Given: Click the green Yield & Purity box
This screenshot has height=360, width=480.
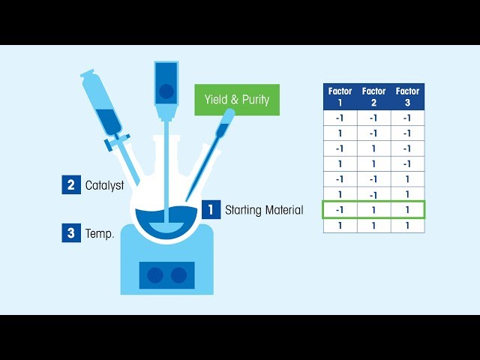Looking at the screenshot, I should tap(237, 100).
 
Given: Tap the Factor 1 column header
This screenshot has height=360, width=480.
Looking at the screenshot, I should tap(340, 97).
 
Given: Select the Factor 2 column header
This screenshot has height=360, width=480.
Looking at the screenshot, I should tap(373, 97).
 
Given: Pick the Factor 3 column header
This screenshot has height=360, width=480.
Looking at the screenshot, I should tap(407, 97).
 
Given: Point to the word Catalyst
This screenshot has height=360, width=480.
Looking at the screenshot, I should tap(104, 185).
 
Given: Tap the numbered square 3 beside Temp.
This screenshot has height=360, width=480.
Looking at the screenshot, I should tap(70, 232).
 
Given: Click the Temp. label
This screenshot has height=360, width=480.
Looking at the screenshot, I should tap(100, 233).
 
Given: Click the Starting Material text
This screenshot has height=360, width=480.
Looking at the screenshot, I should tap(264, 210).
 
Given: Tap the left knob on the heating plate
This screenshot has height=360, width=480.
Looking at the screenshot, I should tap(154, 275).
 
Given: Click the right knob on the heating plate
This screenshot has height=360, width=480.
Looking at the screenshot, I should tap(178, 275).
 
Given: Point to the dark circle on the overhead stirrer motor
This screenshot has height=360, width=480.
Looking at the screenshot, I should tap(166, 91).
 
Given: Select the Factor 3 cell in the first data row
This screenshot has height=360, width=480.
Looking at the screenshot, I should tap(407, 118).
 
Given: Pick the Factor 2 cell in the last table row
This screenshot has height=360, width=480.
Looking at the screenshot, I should tap(373, 225).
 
